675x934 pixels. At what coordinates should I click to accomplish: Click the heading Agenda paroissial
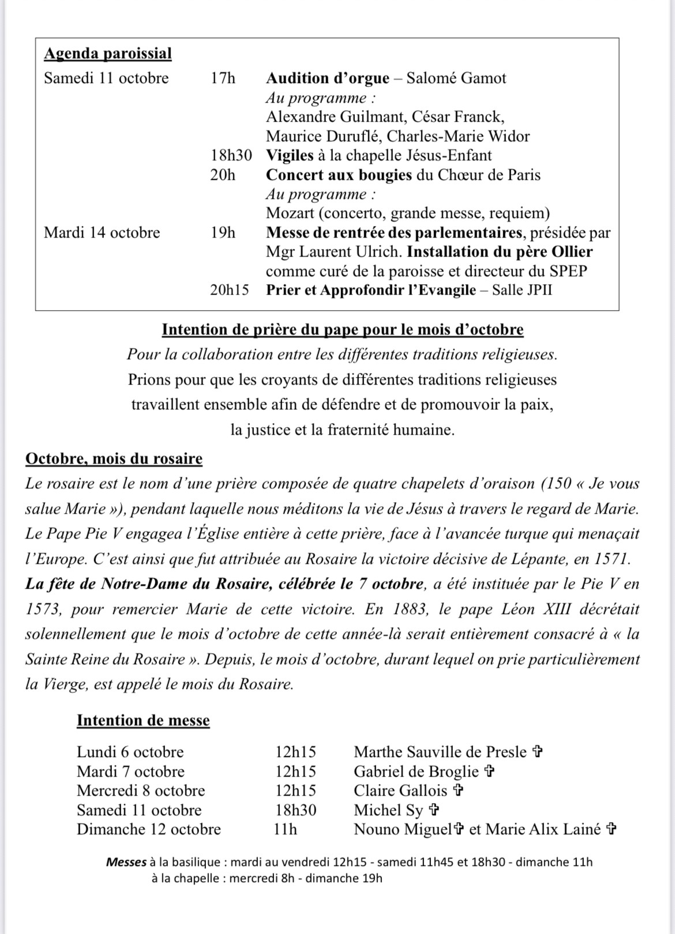tap(108, 54)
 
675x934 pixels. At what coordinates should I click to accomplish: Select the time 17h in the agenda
tap(223, 78)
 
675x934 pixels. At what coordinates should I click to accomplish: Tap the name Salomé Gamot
tap(456, 78)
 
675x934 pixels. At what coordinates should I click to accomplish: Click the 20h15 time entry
tap(229, 289)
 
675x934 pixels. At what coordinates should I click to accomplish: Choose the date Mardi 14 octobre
tap(102, 232)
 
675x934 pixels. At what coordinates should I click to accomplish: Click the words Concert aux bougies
tap(339, 175)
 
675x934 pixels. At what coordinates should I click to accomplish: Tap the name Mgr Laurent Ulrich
tap(333, 252)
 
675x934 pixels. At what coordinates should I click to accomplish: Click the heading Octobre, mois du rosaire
tap(114, 459)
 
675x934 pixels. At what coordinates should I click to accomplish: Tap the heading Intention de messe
tap(143, 721)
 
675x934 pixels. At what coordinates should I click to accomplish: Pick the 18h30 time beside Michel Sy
tap(295, 810)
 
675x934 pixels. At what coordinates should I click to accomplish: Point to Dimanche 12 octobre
tap(149, 829)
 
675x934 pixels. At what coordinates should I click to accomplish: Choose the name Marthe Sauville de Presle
tap(440, 752)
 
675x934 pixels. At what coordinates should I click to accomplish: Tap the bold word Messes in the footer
tap(126, 863)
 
